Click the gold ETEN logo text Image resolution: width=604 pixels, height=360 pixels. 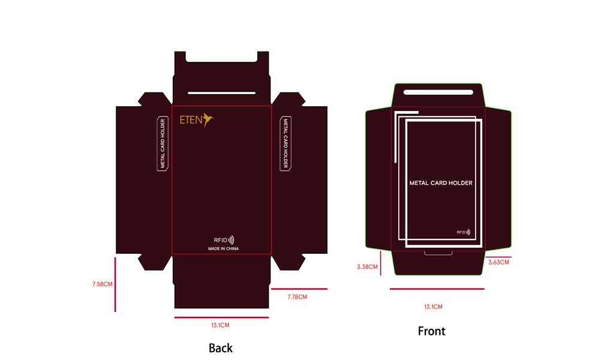191,119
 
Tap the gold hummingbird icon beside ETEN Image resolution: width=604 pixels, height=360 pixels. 208,119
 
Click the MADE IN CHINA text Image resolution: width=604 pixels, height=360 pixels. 223,248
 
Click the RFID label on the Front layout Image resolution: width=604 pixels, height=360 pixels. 463,232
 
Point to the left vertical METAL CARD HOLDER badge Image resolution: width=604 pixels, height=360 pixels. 162,144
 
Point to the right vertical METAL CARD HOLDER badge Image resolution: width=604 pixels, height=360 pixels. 286,144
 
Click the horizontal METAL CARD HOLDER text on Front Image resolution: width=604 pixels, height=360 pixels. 441,183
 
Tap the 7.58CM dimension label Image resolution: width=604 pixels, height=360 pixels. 103,284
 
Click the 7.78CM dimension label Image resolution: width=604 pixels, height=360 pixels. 297,297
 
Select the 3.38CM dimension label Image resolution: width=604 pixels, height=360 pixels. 367,266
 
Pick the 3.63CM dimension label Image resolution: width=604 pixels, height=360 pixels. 498,262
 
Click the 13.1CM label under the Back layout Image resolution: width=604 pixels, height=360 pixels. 220,325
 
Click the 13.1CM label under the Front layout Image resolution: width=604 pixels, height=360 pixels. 433,307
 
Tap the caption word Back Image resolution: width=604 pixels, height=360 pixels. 220,348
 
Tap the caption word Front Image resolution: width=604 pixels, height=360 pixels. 431,331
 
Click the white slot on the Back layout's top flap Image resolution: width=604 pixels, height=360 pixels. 221,93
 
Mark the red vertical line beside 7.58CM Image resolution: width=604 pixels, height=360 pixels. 115,284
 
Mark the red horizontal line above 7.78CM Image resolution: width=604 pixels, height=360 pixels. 299,289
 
